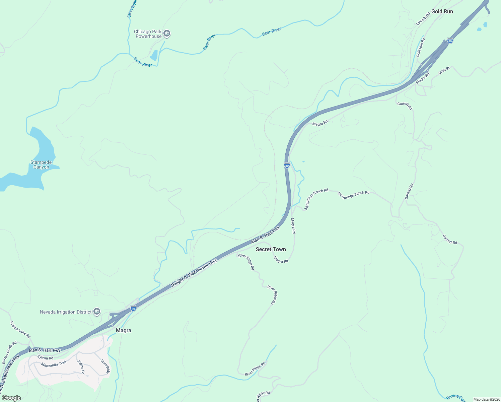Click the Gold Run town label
tap(442, 11)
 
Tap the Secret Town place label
tap(271, 249)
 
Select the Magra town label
tap(123, 330)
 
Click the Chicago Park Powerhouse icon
tap(167, 33)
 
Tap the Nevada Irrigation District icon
tap(96, 312)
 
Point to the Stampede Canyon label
tap(41, 164)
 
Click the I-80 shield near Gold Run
tap(450, 41)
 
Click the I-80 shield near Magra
tap(133, 308)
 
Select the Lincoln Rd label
tap(423, 19)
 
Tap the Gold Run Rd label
tap(420, 48)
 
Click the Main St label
tap(444, 70)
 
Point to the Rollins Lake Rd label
tap(20, 330)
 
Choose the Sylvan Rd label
tap(45, 358)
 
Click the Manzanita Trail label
tap(53, 364)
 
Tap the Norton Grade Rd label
tap(9, 353)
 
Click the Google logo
tap(11, 398)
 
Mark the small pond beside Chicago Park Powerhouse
tap(154, 55)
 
